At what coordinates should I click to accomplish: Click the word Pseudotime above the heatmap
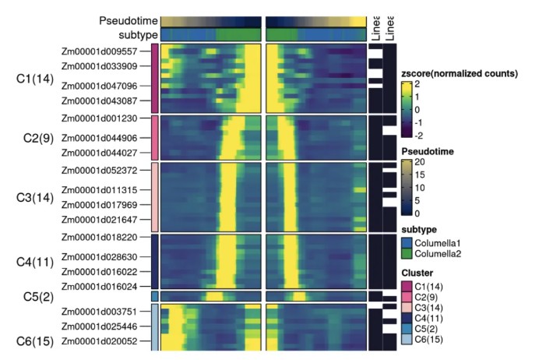(x=129, y=20)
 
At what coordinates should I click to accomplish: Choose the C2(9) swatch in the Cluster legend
(x=407, y=298)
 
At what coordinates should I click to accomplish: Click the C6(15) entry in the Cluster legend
(x=430, y=341)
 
